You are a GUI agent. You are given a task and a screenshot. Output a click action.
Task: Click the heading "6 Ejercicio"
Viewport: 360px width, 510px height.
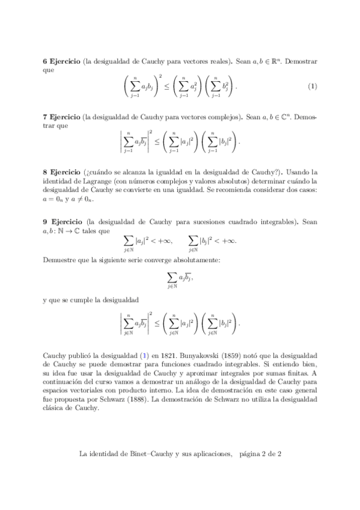60,62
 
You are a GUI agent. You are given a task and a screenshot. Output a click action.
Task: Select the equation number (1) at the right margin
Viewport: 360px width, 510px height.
312,86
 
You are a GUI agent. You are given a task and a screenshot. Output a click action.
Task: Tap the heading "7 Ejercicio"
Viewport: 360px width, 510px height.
60,117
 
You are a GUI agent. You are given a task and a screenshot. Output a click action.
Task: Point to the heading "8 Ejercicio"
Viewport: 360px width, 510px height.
60,171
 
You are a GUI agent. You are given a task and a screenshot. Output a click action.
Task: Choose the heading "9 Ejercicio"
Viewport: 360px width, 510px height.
60,222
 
